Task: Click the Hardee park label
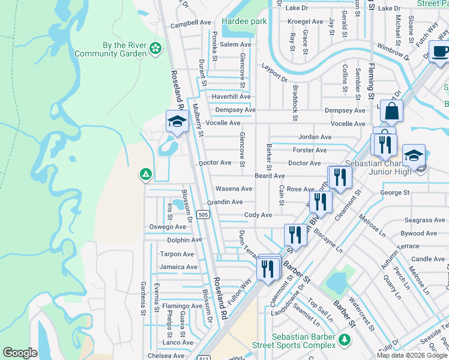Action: point(244,21)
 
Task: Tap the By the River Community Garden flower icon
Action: point(155,48)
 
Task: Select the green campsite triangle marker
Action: point(145,175)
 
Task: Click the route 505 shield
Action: point(203,214)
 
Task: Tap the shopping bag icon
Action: point(391,112)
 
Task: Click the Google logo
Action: point(20,353)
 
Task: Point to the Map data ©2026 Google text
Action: point(412,355)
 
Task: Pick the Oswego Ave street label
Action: point(167,227)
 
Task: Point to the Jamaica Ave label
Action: point(178,267)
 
